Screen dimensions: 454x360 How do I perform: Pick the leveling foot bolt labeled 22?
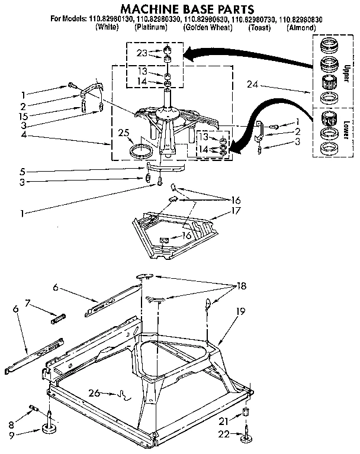[x=245, y=436]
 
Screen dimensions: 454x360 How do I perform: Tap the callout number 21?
[x=223, y=421]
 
